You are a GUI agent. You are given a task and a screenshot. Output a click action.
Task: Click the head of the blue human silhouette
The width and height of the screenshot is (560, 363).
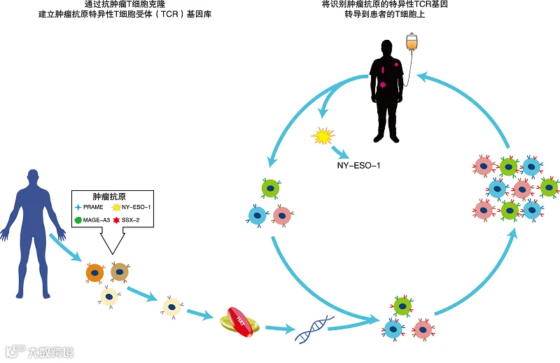pyautogui.click(x=32, y=178)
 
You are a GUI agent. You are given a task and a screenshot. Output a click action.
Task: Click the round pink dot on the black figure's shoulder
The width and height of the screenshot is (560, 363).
pyautogui.click(x=397, y=64)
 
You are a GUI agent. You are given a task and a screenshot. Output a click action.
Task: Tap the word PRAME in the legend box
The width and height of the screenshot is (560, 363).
pyautogui.click(x=93, y=207)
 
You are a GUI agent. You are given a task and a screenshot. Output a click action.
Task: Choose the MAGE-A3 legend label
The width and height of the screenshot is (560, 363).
pyautogui.click(x=97, y=220)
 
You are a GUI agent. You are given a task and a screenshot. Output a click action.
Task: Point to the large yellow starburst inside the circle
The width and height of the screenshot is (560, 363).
pyautogui.click(x=323, y=135)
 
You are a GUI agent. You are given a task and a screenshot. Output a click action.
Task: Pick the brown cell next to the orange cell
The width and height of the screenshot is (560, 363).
pyautogui.click(x=119, y=271)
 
